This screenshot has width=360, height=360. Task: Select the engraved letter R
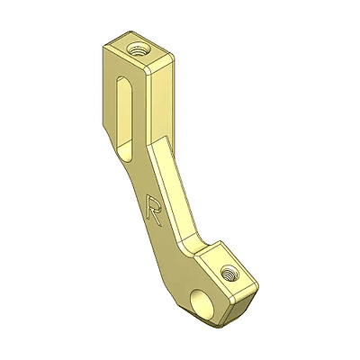(153, 210)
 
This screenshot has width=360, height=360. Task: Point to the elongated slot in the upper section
(124, 119)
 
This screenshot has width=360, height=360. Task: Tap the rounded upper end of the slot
(124, 79)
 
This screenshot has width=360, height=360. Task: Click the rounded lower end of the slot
(126, 155)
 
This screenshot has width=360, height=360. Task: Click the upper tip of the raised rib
(166, 136)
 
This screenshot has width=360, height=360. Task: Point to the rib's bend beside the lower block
(196, 245)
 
